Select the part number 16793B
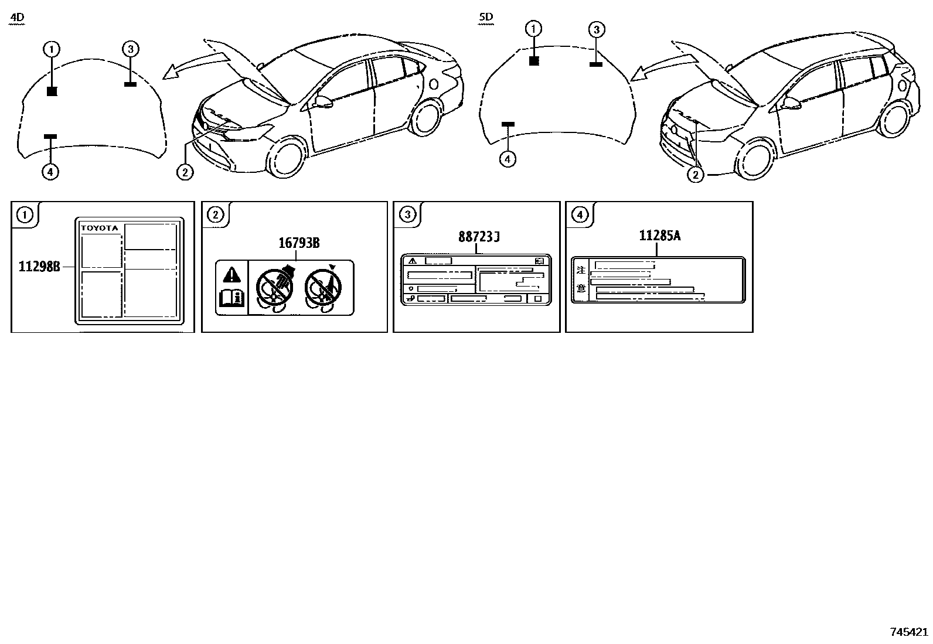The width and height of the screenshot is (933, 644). [298, 243]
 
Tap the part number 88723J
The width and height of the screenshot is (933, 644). [479, 237]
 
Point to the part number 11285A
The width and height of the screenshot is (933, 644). [659, 236]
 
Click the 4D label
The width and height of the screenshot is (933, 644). [18, 18]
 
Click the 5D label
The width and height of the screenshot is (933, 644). [486, 18]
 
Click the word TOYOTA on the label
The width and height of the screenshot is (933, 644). [100, 228]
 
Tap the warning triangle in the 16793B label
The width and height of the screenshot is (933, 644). [232, 274]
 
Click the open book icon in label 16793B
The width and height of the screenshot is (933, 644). [232, 299]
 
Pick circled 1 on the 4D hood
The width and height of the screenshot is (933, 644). [52, 49]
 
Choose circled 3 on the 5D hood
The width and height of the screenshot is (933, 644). [595, 29]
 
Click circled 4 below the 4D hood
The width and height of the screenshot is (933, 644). [50, 172]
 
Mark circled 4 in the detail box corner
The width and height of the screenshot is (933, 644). [579, 215]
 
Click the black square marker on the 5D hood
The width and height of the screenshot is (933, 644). [533, 60]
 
